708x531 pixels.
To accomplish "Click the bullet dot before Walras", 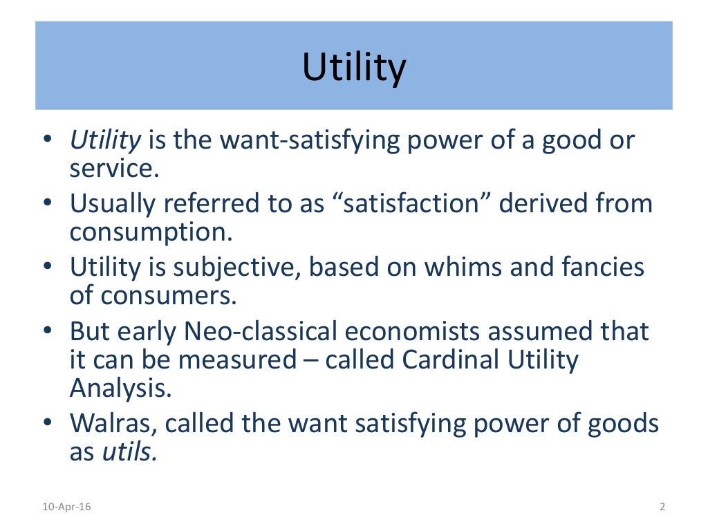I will point(46,423).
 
